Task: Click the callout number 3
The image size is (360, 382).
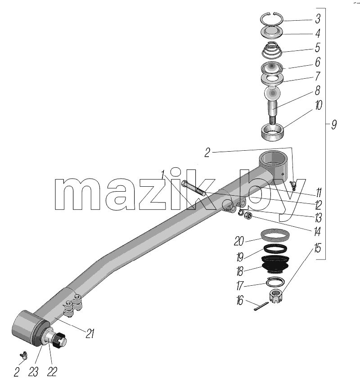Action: pyautogui.click(x=318, y=19)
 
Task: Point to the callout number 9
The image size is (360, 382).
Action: pyautogui.click(x=334, y=125)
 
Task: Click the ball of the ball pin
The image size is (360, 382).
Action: pyautogui.click(x=272, y=94)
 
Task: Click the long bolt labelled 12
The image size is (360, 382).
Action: pyautogui.click(x=194, y=188)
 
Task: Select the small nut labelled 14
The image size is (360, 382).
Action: pyautogui.click(x=248, y=216)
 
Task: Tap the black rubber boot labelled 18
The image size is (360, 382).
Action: pyautogui.click(x=275, y=264)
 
